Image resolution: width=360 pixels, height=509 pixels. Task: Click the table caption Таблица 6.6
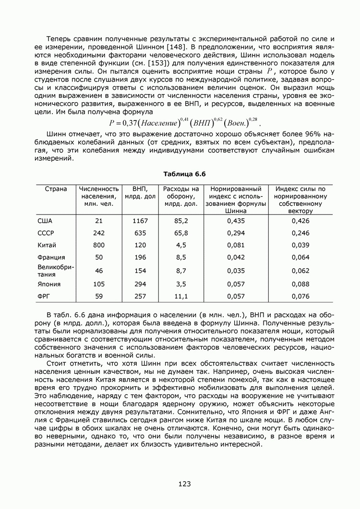tap(180, 174)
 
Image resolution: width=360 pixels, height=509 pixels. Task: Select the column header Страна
tap(56, 189)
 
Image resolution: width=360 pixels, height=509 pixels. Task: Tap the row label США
tap(45, 221)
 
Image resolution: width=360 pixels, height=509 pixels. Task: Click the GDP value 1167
tap(140, 221)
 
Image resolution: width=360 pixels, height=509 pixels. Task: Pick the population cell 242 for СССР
tap(99, 233)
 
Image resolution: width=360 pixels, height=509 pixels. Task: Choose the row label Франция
tap(51, 258)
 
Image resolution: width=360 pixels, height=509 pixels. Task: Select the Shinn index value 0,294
tap(236, 233)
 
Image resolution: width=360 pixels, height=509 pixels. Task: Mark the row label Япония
tap(49, 284)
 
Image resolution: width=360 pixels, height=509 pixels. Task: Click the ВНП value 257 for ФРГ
tap(140, 296)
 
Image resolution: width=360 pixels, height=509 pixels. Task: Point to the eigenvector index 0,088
tap(300, 284)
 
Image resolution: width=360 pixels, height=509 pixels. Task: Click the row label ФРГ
tap(44, 296)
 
